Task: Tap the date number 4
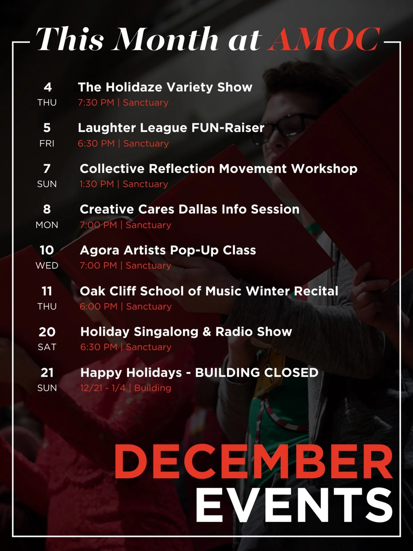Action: (x=48, y=87)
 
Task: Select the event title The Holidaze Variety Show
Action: (x=165, y=87)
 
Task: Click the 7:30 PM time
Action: (x=96, y=102)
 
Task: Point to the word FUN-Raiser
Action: (x=228, y=128)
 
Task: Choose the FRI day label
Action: (x=47, y=143)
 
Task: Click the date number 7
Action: (x=47, y=168)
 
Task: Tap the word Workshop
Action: (x=324, y=168)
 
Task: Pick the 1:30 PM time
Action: (x=97, y=184)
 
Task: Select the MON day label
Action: (x=47, y=225)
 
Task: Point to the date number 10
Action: (x=47, y=250)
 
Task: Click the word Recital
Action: (x=316, y=291)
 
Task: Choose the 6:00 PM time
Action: (x=99, y=306)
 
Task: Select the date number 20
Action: (x=47, y=332)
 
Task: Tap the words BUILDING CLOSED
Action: (x=257, y=372)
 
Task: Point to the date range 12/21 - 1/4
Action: (x=103, y=388)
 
